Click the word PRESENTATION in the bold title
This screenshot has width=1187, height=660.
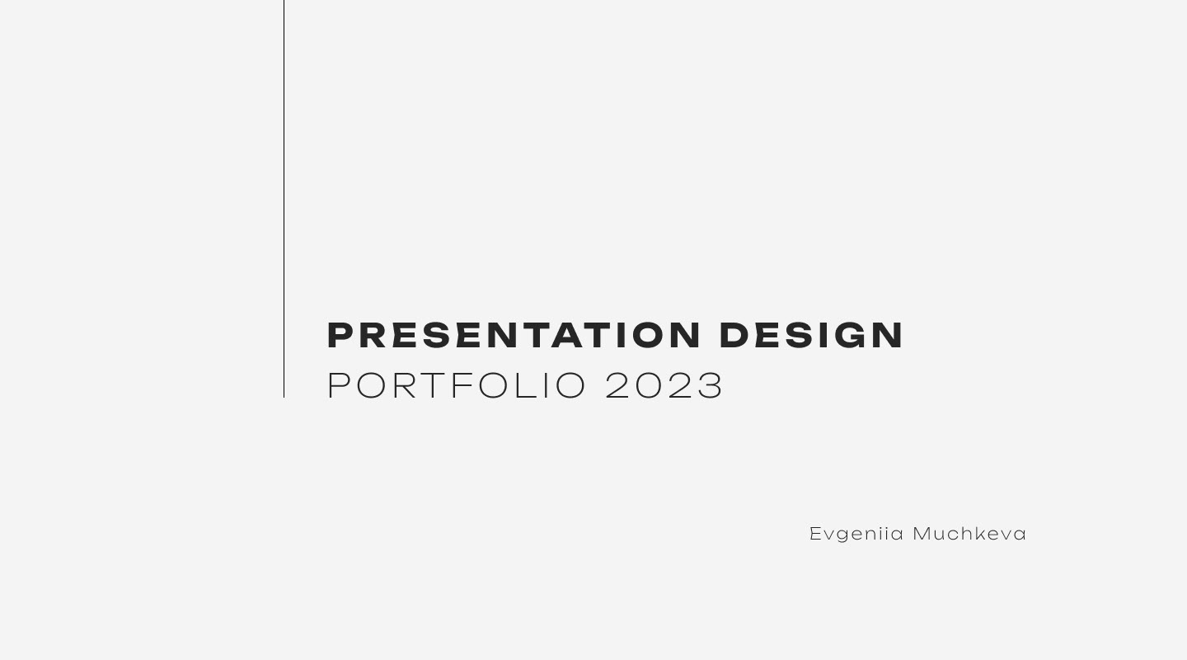coord(514,336)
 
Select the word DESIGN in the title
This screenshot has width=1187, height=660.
coord(811,336)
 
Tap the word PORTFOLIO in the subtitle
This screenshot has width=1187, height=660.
coord(457,385)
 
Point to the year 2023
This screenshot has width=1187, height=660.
coord(664,385)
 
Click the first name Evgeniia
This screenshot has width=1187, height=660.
coord(856,534)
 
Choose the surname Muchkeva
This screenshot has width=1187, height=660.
coord(969,534)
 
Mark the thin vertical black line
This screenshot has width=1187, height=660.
coord(284,198)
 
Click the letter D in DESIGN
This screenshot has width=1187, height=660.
coord(735,336)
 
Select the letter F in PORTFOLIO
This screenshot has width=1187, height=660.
coord(462,385)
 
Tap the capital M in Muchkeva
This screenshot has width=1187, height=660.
coord(922,534)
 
